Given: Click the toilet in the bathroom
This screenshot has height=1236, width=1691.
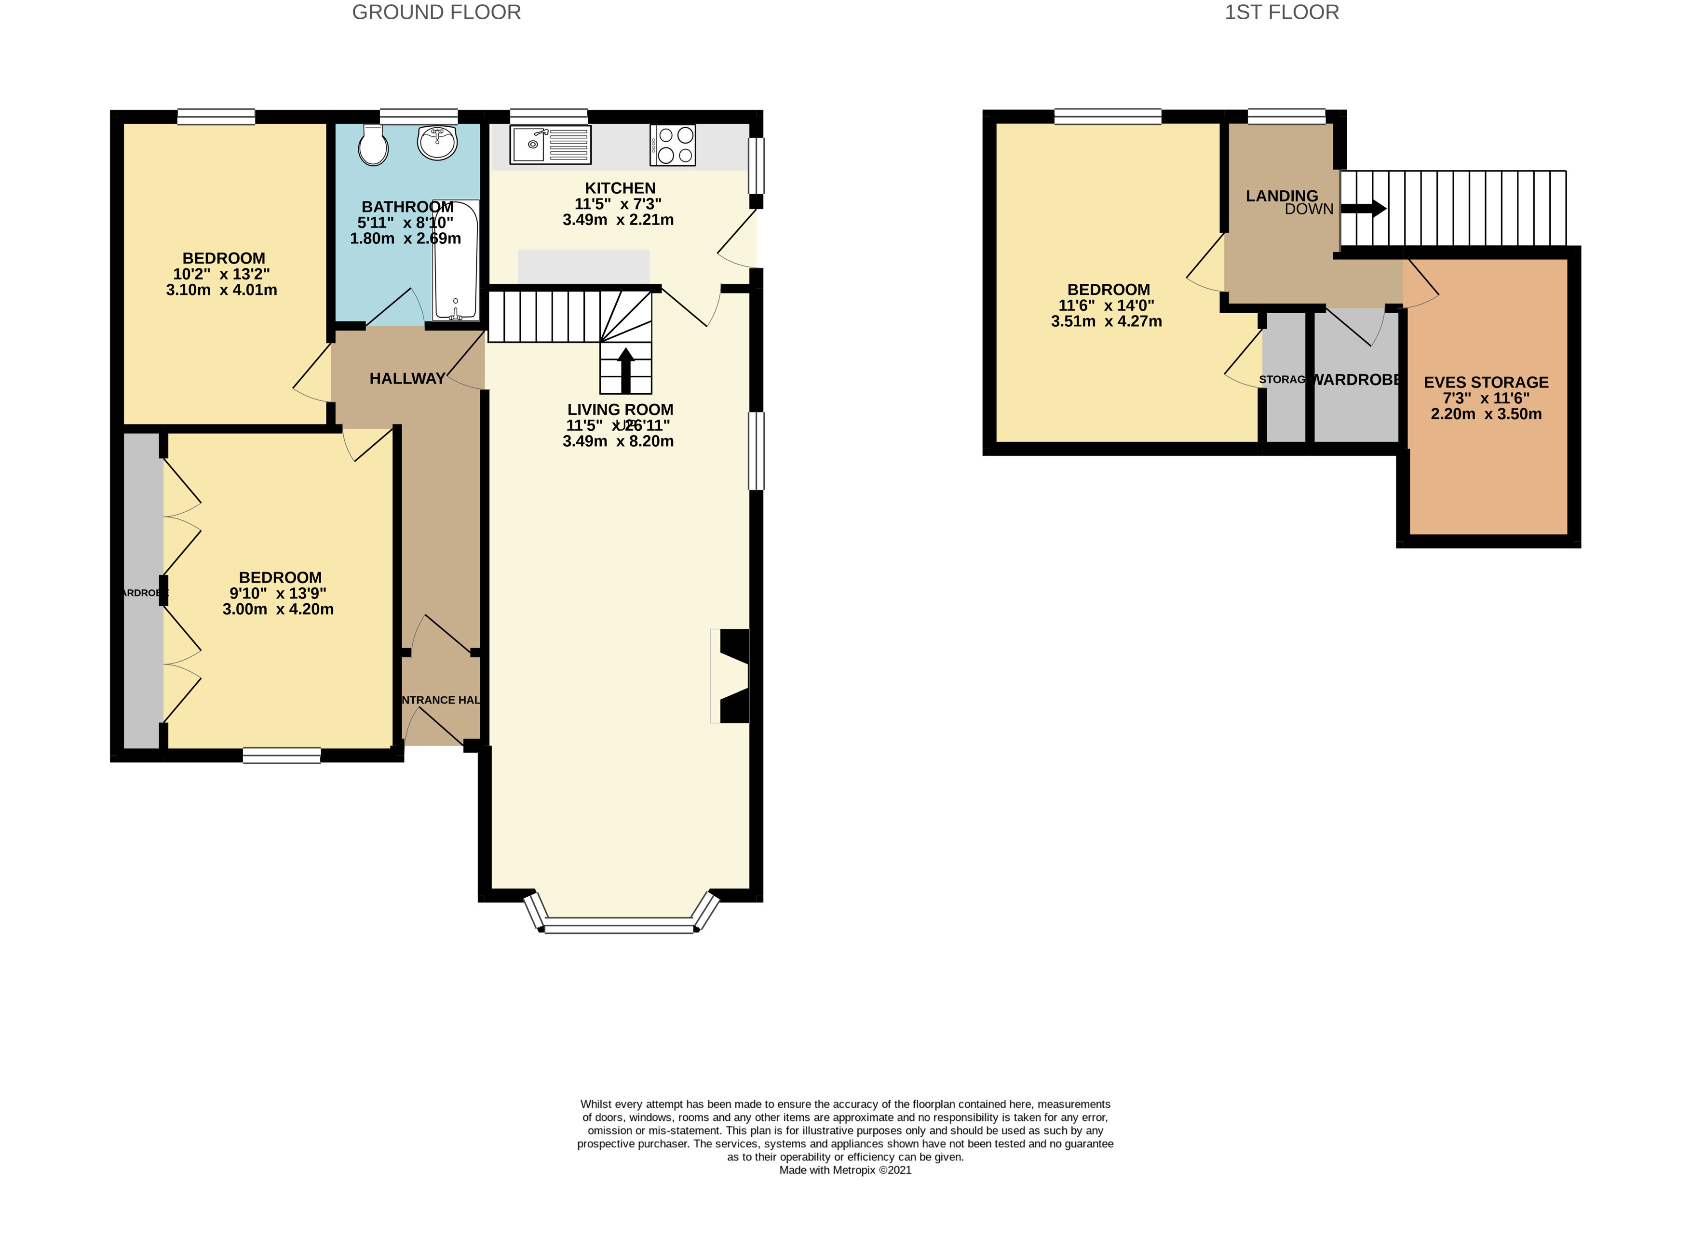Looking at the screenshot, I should click(x=373, y=145).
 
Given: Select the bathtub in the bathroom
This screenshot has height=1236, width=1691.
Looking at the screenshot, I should click(x=455, y=260).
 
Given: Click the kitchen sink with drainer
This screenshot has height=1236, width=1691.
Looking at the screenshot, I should click(x=550, y=145).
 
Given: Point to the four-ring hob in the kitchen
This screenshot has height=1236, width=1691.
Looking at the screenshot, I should click(x=673, y=145).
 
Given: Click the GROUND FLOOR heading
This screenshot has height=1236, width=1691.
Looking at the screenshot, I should click(x=436, y=13).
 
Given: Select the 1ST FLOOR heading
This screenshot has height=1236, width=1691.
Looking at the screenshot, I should click(x=1282, y=13).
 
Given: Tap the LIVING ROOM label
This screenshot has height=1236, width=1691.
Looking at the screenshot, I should click(x=620, y=409).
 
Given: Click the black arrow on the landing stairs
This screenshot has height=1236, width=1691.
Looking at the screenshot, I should click(x=1365, y=209).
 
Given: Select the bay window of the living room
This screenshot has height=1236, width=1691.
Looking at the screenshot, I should click(x=620, y=926).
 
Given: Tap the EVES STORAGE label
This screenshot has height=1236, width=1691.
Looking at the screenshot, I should click(x=1486, y=382).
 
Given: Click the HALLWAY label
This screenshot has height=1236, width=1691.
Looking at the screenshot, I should click(x=407, y=379).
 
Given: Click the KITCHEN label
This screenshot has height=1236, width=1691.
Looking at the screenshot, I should click(x=620, y=188).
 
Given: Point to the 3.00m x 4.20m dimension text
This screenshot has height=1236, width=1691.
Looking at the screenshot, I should click(x=278, y=609).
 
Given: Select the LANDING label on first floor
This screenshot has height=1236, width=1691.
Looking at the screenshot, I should click(x=1282, y=196).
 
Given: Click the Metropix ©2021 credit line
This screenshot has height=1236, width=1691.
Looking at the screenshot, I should click(x=845, y=1170).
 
